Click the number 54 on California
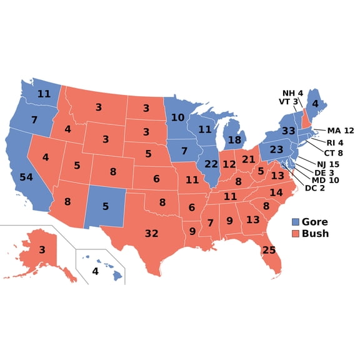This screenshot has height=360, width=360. (x=27, y=177)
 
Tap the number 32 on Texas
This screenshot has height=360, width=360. (x=152, y=233)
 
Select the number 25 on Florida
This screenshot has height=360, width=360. (x=269, y=250)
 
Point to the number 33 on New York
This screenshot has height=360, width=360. (x=288, y=131)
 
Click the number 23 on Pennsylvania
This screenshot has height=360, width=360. (x=276, y=150)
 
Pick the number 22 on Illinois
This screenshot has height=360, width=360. (x=211, y=163)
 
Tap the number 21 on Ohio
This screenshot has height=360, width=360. (x=248, y=159)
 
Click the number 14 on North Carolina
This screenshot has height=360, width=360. (x=276, y=192)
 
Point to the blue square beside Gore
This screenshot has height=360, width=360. (x=296, y=222)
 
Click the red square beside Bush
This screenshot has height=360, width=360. (x=296, y=234)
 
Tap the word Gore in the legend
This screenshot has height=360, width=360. (x=315, y=222)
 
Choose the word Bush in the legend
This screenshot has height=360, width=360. (x=315, y=234)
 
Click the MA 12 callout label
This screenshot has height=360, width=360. (x=340, y=131)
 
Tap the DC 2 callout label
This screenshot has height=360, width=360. (x=315, y=188)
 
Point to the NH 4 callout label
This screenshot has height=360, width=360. (x=292, y=93)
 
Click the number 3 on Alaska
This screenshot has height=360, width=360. (x=42, y=250)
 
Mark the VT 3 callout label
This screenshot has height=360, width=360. (x=288, y=102)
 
